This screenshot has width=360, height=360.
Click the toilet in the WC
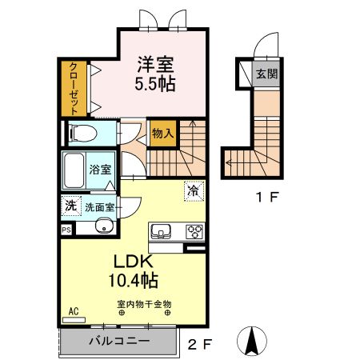pyautogui.click(x=82, y=133)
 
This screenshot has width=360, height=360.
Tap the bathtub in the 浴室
pyautogui.click(x=74, y=170)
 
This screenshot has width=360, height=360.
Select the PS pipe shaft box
pyautogui.click(x=66, y=230)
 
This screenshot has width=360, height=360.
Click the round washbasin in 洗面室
pyautogui.click(x=104, y=226)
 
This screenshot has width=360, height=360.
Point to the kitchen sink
pyautogui.click(x=161, y=231)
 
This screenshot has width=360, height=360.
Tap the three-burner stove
pyautogui.click(x=194, y=231)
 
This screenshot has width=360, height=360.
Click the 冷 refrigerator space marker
pyautogui.click(x=194, y=191)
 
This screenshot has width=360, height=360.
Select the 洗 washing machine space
pyautogui.click(x=71, y=206)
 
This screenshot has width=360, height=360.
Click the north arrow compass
pyautogui.click(x=252, y=341)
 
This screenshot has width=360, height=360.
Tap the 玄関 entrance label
pyautogui.click(x=267, y=74)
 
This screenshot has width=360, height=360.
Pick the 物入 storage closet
pyautogui.click(x=163, y=133)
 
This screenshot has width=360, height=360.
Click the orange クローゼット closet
pyautogui.click(x=74, y=89)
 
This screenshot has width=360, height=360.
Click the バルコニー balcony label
pyautogui.click(x=119, y=341)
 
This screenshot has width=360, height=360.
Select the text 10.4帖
pyautogui.click(x=134, y=280)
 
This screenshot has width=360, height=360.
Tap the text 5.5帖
pyautogui.click(x=155, y=84)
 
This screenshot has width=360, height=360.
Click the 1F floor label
pyautogui.click(x=267, y=197)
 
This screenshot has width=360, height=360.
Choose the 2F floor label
pyautogui.click(x=200, y=344)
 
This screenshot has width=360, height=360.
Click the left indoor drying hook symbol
pyautogui.click(x=122, y=313)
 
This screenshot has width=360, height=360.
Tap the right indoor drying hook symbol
pyautogui.click(x=167, y=313)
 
